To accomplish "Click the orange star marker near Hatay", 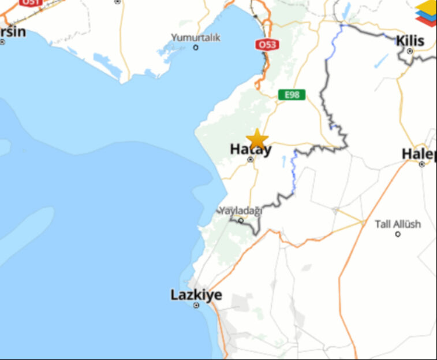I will coord(257,139).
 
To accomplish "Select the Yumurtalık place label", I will coord(196,38).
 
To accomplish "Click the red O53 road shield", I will coord(267,44).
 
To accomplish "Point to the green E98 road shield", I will coord(292,94).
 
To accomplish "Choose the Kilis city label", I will coord(410,41).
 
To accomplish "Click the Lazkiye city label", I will coord(196,295).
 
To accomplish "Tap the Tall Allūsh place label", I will coord(398,224).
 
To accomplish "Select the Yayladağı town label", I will coord(241,211).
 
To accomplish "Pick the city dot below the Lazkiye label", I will coord(196,305).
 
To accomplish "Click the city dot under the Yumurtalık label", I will coord(196,47).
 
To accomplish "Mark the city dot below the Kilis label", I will coord(410,51).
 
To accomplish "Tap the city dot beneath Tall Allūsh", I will coord(398,234).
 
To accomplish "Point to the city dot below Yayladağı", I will coord(241,220).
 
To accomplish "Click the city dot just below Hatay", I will coord(251,159).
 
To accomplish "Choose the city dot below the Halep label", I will coord(422,164).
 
